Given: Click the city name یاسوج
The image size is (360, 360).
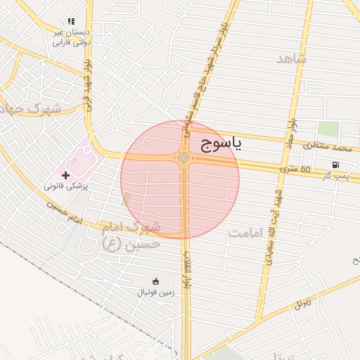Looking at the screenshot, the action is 221,145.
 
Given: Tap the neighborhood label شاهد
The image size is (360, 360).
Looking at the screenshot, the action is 291,59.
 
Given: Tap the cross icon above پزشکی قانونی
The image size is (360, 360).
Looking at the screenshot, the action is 66,174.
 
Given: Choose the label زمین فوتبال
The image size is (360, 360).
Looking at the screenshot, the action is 155,292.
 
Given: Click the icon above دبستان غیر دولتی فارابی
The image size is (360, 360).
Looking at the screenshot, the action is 70,22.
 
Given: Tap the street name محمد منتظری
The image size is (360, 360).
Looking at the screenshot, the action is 327,148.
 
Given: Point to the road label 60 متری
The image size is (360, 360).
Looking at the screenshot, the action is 295,169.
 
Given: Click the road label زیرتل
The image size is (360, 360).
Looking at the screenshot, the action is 302,303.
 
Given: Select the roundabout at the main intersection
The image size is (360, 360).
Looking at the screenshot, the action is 184,158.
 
